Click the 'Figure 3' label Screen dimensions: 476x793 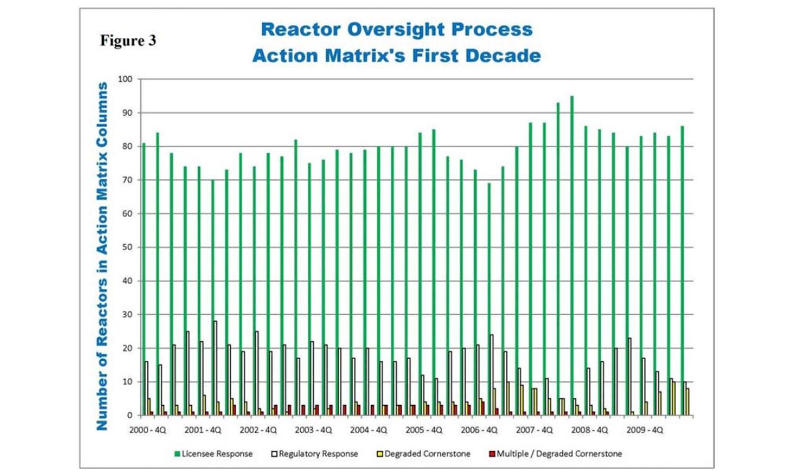[x=128, y=41]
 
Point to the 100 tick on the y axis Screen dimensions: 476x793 [x=125, y=79]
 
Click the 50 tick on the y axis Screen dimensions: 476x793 [x=126, y=248]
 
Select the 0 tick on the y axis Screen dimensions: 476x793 [x=130, y=416]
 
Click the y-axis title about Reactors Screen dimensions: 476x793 [x=102, y=256]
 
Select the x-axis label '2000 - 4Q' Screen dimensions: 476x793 [x=147, y=430]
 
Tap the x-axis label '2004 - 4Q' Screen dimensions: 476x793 [x=368, y=430]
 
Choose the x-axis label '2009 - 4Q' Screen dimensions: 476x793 [x=644, y=430]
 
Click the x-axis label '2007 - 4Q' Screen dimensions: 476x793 [x=534, y=430]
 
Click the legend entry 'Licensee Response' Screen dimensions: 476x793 [x=214, y=454]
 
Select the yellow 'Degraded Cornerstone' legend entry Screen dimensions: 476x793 [x=423, y=454]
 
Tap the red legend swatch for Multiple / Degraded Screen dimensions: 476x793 [x=492, y=454]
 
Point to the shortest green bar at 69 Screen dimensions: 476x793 [x=489, y=299]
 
